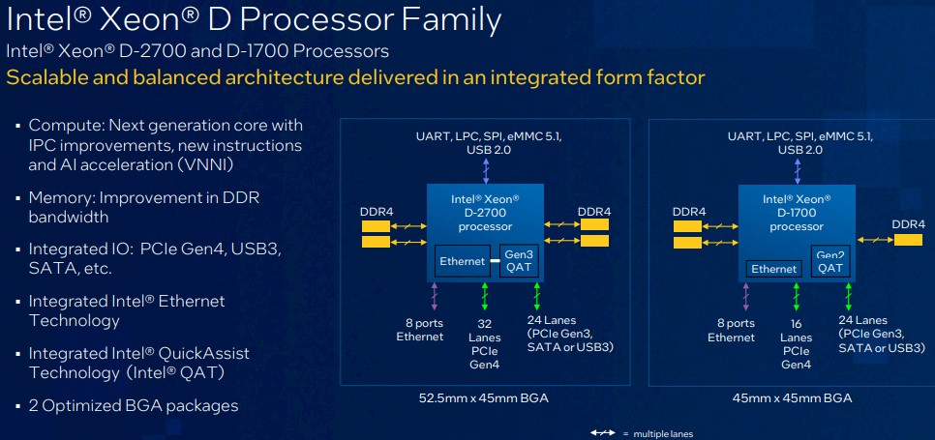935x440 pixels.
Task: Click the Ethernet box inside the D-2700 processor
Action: pos(463,261)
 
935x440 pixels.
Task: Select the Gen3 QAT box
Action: pos(519,261)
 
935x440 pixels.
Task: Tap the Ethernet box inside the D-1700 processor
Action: pos(774,269)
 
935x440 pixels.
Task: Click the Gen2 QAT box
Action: pos(830,261)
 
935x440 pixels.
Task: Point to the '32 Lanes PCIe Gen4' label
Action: pos(485,343)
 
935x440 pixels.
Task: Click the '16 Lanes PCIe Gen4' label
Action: pos(796,343)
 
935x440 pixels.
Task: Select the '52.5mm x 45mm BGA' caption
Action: pos(484,398)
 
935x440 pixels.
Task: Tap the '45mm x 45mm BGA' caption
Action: pos(792,398)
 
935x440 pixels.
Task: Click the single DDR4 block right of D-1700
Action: pos(908,240)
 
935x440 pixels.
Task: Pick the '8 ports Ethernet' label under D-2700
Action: pos(420,330)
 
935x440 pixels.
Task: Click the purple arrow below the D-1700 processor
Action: pos(745,296)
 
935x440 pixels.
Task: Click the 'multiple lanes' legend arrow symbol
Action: pos(603,433)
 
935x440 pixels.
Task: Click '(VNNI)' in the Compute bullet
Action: pos(204,165)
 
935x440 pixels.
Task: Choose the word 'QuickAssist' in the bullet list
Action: pos(203,354)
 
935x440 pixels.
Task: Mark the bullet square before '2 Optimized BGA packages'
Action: pos(17,407)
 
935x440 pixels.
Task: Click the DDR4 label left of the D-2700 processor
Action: pos(377,212)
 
